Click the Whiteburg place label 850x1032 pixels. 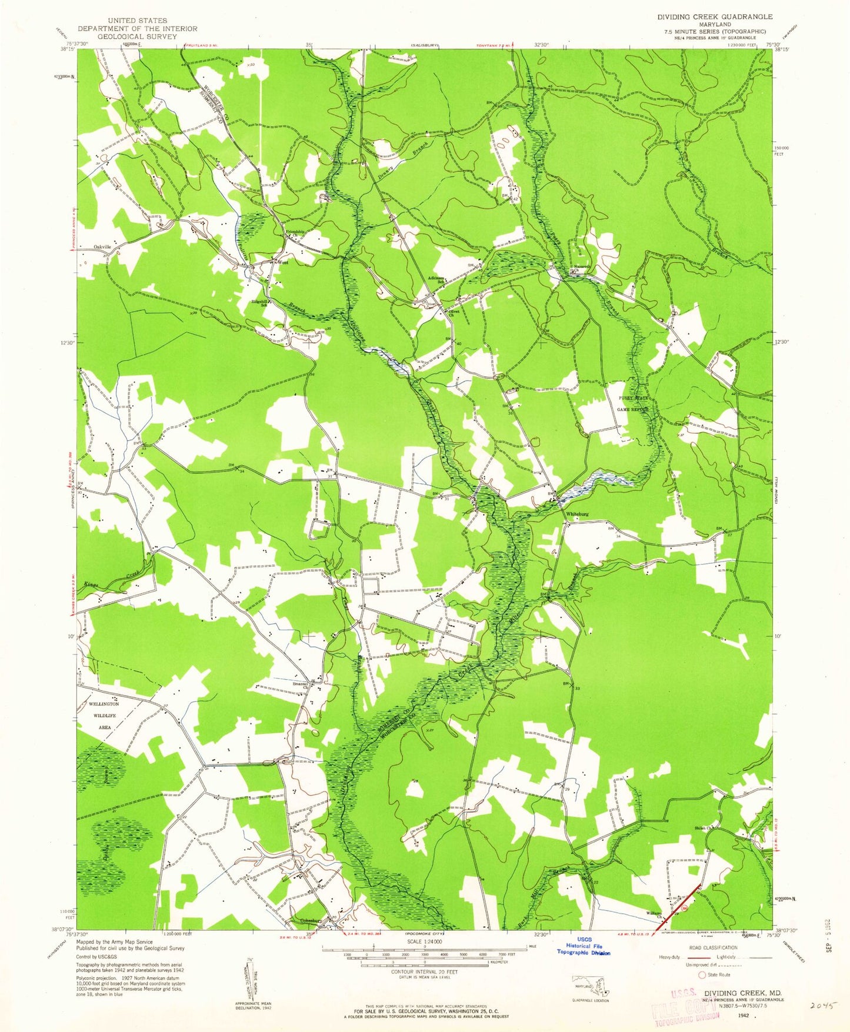click(576, 513)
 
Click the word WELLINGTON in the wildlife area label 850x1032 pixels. click(104, 704)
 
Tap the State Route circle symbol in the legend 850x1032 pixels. click(702, 974)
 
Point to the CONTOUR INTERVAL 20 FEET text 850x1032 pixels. click(424, 972)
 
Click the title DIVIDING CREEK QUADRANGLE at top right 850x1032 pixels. click(715, 16)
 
